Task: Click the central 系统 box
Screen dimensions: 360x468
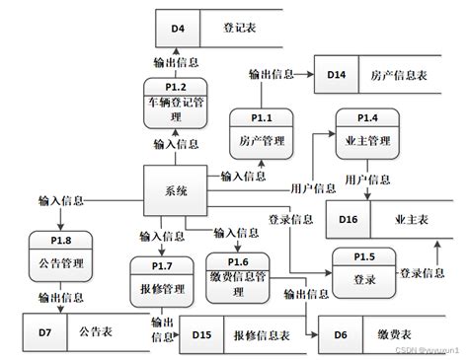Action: coord(176,190)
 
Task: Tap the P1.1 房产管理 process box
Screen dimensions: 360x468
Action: coord(261,133)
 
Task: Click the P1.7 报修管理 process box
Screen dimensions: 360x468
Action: coord(160,279)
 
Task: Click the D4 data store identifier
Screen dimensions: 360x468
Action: coord(178,29)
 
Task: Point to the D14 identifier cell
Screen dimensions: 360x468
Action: coord(337,75)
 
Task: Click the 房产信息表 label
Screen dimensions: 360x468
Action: coord(400,75)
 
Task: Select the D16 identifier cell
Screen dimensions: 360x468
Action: coord(351,219)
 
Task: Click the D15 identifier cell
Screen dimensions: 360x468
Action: coord(201,335)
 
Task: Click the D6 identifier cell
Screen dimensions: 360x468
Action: coord(341,335)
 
